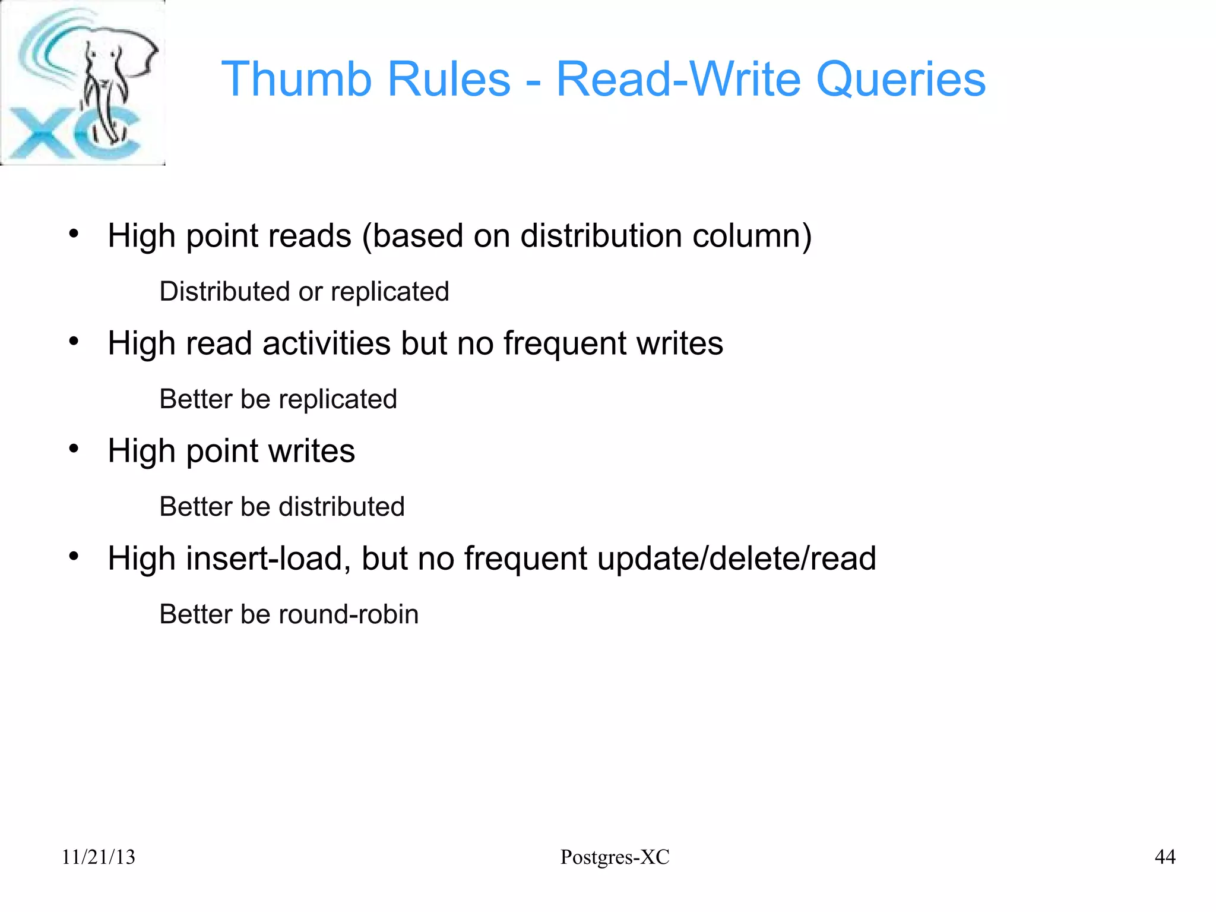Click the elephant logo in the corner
pos(83,83)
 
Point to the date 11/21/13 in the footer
pos(99,857)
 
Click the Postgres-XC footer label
pos(615,857)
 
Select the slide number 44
pos(1165,857)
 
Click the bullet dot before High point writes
pos(74,449)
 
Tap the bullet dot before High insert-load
pos(74,556)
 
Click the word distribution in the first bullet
pos(601,236)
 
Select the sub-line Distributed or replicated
pos(304,292)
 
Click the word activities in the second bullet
pos(327,343)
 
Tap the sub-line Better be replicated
pos(278,399)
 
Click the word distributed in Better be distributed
pos(341,507)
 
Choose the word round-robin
pos(348,614)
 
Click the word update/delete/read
pos(736,558)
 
